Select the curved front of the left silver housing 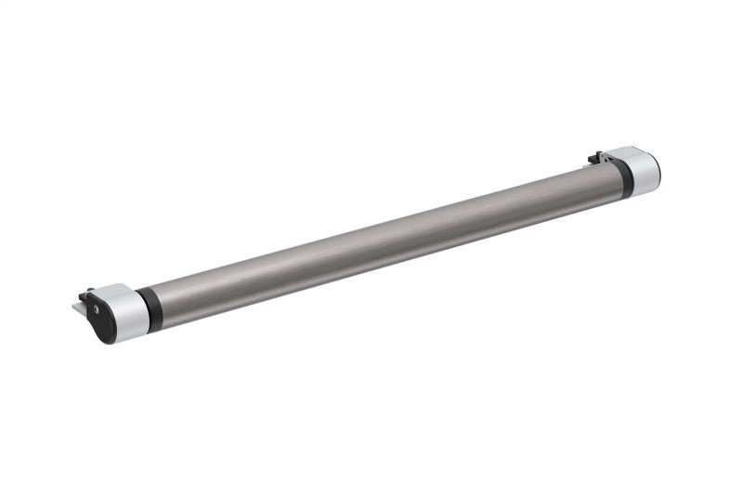click(131, 316)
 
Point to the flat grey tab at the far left click(79, 306)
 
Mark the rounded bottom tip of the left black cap click(110, 339)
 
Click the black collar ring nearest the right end click(623, 176)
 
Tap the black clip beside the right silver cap click(596, 158)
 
